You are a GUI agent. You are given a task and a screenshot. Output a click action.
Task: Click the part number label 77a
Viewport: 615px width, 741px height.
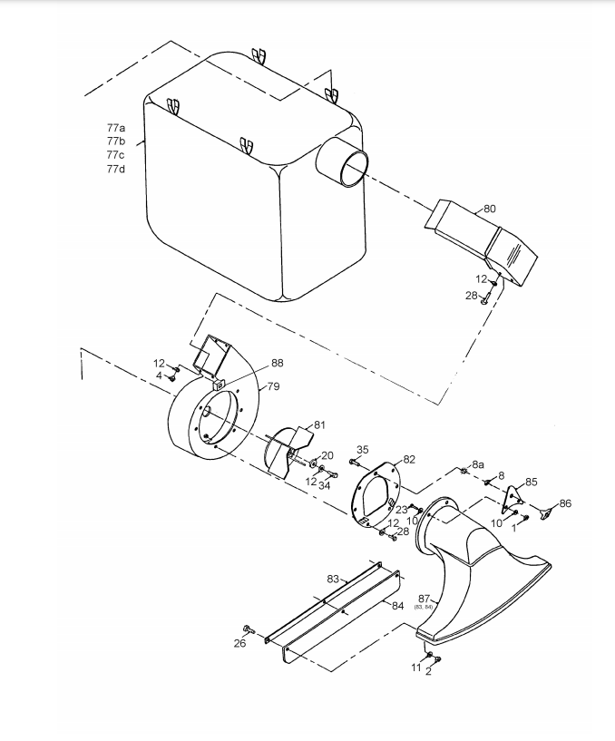coord(116,128)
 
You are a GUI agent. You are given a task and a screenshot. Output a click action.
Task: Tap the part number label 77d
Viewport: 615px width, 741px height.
coord(116,169)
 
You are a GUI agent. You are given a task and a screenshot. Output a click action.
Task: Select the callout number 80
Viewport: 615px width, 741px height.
coord(490,209)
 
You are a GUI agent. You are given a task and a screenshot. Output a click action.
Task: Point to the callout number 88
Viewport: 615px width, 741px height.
coord(278,363)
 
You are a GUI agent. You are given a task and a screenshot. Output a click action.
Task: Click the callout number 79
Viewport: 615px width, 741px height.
coord(273,386)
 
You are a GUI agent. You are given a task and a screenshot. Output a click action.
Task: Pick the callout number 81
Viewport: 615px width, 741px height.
coord(319,424)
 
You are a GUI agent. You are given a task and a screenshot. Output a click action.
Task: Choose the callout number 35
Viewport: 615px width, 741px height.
coord(362,450)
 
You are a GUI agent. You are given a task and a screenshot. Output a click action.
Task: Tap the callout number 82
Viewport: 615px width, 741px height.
coord(409,459)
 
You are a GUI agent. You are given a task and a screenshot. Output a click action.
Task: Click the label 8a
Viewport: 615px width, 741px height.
coord(478,464)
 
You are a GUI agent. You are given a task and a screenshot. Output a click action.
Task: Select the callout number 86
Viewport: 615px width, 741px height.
coord(565,503)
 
